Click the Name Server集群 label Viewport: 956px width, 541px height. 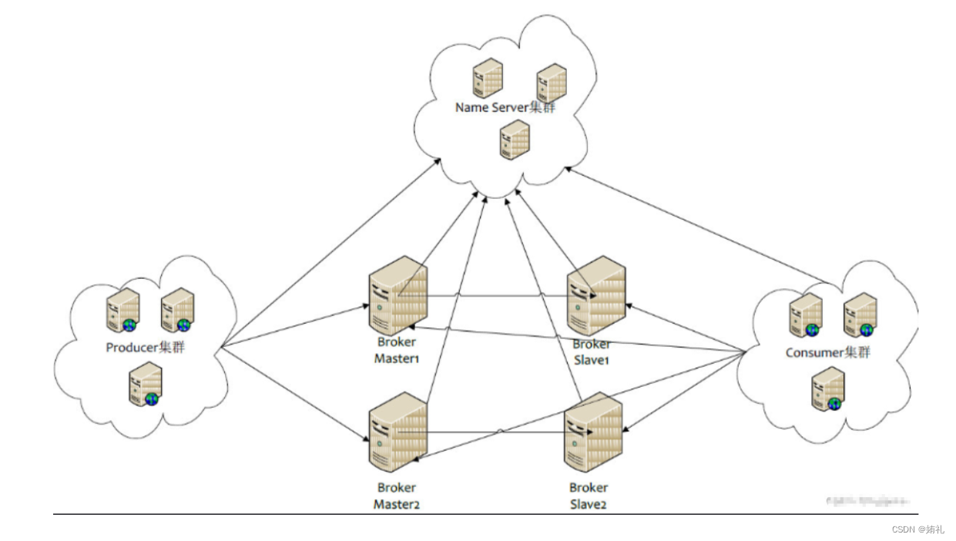point(505,108)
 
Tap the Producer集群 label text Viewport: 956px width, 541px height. point(146,348)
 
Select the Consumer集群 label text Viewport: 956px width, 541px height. point(827,353)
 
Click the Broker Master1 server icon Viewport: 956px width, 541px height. point(397,295)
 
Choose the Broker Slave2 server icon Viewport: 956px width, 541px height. point(593,433)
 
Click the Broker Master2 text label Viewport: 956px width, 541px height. point(397,496)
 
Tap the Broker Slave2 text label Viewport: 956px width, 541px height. point(589,496)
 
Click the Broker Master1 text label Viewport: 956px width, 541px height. point(397,351)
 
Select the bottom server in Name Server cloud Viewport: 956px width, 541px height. point(515,140)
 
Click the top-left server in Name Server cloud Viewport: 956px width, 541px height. point(488,79)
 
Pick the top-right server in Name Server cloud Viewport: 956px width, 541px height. point(552,82)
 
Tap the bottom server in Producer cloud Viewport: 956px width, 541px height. point(144,385)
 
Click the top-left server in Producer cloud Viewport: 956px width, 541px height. point(122,310)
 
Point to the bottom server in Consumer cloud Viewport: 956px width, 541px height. point(827,388)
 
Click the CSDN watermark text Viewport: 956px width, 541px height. point(917,529)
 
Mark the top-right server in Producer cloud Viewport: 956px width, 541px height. point(177,310)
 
